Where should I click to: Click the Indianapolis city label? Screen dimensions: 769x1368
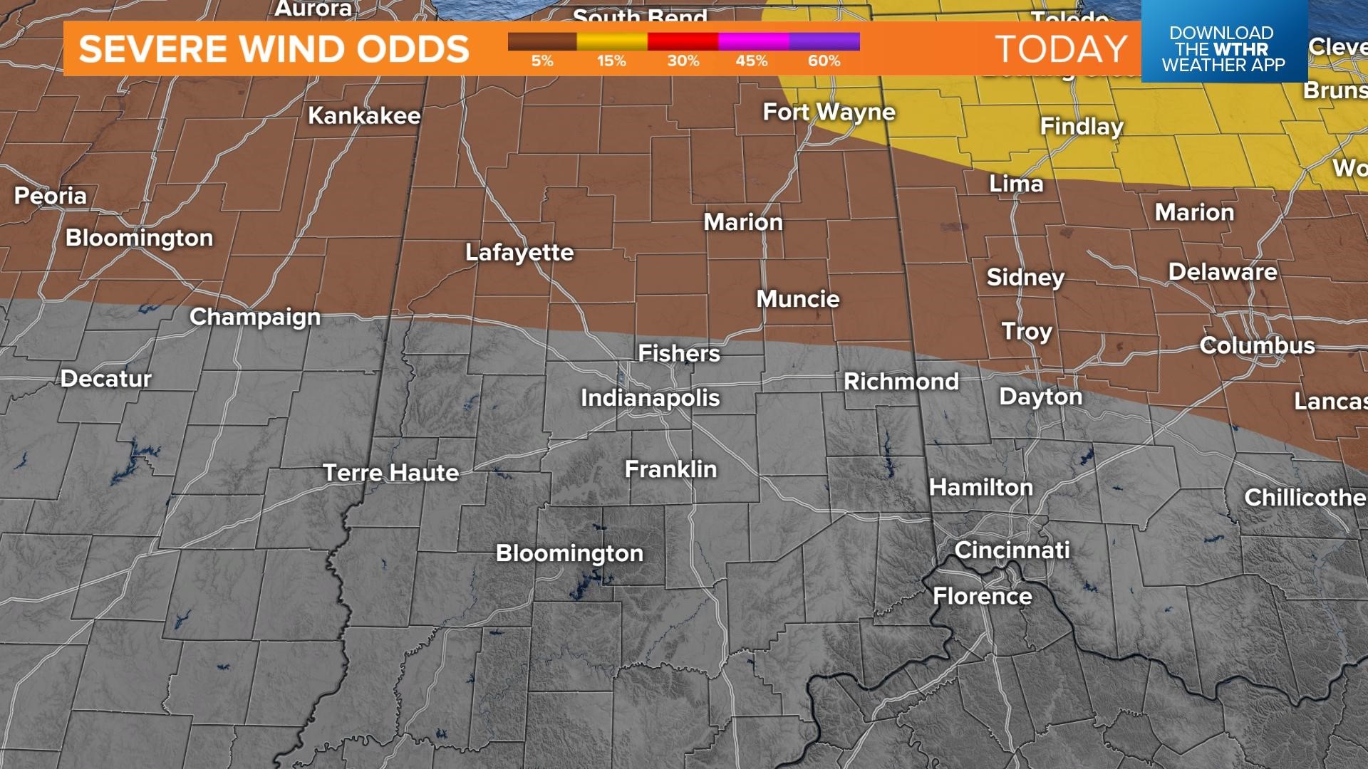[x=650, y=397]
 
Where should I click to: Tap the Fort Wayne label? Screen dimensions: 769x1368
[x=829, y=112]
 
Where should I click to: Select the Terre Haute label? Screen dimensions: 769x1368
[x=390, y=473]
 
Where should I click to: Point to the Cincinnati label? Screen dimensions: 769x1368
[x=1012, y=550]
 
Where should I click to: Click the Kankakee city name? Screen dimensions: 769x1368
[x=364, y=115]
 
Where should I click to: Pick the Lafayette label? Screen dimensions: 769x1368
[x=519, y=252]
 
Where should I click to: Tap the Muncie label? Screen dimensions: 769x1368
[x=798, y=298]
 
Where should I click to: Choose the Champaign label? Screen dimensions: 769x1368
[x=255, y=317]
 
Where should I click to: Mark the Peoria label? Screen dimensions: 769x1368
[x=51, y=196]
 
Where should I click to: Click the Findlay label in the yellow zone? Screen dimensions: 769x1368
[x=1082, y=126]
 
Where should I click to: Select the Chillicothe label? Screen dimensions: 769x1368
[x=1304, y=497]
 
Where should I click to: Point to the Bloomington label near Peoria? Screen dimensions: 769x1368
[x=140, y=238]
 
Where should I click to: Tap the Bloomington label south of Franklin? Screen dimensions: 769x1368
[x=569, y=553]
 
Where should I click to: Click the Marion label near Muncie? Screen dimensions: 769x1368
[x=743, y=222]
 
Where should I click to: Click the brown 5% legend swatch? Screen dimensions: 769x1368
[x=542, y=41]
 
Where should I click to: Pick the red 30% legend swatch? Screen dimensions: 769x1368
[x=683, y=41]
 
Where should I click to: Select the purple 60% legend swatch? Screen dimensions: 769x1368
[x=824, y=41]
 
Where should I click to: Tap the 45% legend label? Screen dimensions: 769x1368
[x=752, y=61]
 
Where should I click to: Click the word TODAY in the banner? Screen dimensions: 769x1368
[x=1061, y=49]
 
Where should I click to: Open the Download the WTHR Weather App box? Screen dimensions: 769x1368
[x=1223, y=48]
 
